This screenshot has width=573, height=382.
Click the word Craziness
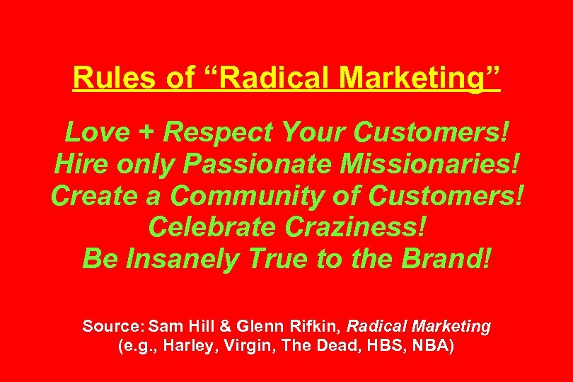[357, 227]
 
